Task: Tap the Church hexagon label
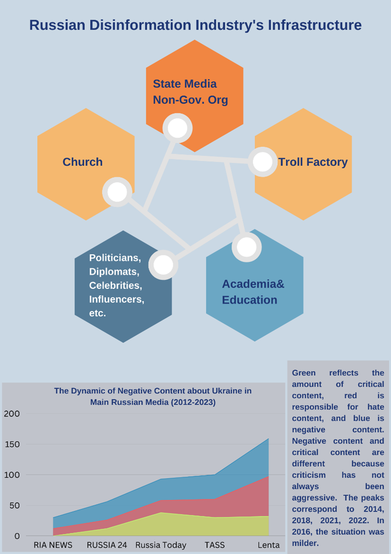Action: (83, 162)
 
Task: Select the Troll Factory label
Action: (313, 162)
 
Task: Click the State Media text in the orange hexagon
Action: (185, 84)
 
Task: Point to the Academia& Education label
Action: (253, 292)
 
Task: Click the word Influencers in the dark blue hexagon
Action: (117, 299)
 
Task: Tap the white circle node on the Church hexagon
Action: (117, 192)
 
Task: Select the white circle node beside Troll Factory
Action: (263, 162)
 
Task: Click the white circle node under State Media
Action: (177, 128)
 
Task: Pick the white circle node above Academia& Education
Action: (246, 247)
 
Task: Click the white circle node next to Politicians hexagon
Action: (163, 265)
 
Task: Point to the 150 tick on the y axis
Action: (12, 444)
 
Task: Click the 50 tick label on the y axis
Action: (15, 506)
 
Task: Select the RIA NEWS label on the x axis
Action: (53, 545)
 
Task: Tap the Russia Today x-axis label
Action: (161, 545)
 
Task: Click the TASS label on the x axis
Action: (214, 545)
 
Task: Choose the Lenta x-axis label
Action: (269, 545)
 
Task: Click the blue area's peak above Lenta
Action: (269, 439)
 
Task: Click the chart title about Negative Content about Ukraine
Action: (153, 397)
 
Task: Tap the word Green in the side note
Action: (304, 373)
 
